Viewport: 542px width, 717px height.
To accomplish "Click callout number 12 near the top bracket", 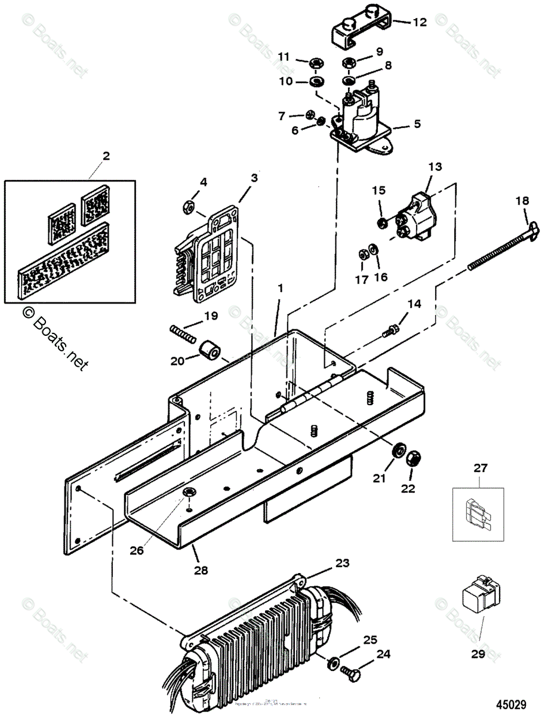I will tap(420, 22).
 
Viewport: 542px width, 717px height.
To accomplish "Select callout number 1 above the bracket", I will tap(281, 289).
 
